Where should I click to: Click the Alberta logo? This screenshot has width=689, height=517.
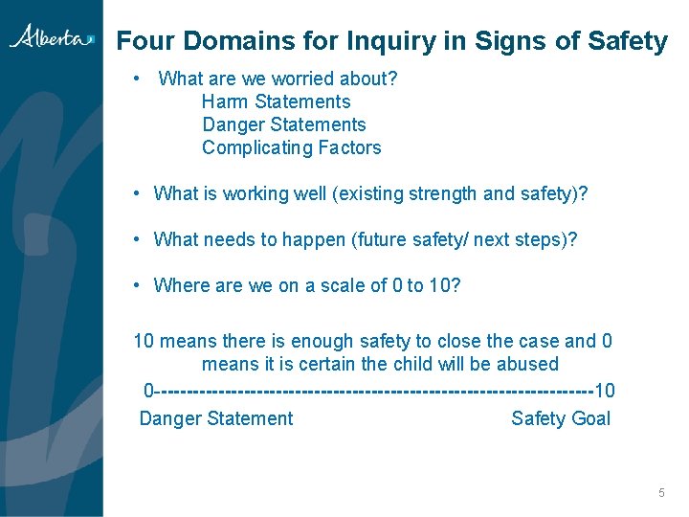coord(52,37)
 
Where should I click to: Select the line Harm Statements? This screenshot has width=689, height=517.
coord(276,101)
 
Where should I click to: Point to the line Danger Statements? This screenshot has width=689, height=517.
coord(283,124)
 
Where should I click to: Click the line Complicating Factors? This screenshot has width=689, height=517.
coord(291,147)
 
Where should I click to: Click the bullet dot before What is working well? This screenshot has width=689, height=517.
coord(139,193)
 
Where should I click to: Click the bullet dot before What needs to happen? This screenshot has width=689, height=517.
coord(139,239)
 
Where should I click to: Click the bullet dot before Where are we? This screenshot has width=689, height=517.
coord(139,285)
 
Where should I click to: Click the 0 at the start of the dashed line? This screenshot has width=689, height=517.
coord(148,391)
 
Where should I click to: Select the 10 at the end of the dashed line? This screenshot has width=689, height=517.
coord(605,391)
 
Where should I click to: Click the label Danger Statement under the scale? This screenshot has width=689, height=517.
coord(216,418)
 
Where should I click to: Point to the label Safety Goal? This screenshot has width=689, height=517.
coord(560,418)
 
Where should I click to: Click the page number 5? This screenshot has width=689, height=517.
coord(661,493)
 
